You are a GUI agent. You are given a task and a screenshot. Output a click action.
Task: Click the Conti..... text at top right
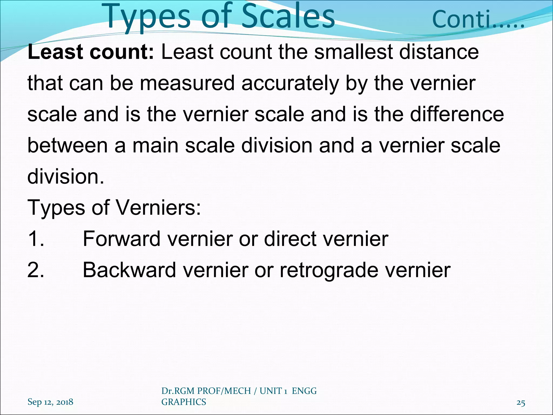pyautogui.click(x=478, y=19)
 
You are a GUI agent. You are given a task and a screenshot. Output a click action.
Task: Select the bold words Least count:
pyautogui.click(x=91, y=52)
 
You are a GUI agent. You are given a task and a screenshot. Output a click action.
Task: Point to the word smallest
pyautogui.click(x=353, y=52)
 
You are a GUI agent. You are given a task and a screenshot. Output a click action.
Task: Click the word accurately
pyautogui.click(x=290, y=83)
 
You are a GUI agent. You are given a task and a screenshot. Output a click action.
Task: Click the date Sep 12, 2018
pyautogui.click(x=50, y=402)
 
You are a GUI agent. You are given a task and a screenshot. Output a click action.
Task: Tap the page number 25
pyautogui.click(x=521, y=403)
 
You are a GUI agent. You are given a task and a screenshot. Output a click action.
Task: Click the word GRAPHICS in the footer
pyautogui.click(x=184, y=402)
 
